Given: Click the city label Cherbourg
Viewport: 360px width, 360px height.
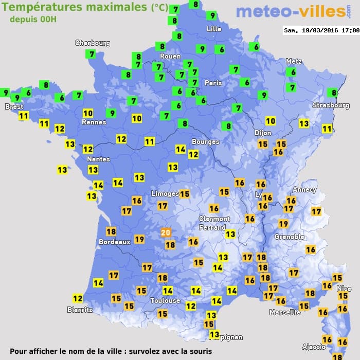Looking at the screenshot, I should [93, 43].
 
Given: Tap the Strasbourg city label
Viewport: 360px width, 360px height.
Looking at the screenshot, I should [331, 105].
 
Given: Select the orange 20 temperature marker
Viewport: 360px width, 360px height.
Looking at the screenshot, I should [166, 232].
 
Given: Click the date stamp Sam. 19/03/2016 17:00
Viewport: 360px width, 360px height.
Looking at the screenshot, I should [321, 30].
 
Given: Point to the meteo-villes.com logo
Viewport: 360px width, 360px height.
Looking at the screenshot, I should [291, 11].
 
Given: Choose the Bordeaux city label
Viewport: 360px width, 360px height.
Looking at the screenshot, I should [114, 242].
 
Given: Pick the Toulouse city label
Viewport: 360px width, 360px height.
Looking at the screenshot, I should [165, 300].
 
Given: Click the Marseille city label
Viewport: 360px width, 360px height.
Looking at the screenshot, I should [285, 312].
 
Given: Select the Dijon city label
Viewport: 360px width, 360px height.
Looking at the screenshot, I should [262, 133].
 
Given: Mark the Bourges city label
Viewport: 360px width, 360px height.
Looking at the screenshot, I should [205, 141].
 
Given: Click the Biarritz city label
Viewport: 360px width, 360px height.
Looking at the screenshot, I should [80, 310].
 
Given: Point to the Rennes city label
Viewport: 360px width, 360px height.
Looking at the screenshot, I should [94, 122].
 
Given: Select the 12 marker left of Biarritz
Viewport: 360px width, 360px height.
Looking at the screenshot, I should [78, 298].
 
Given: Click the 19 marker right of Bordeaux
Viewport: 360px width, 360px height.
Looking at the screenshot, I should [139, 239].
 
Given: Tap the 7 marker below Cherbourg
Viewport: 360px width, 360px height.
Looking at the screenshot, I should [92, 54].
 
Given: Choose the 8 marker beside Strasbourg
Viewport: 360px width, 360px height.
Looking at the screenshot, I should [334, 93].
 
